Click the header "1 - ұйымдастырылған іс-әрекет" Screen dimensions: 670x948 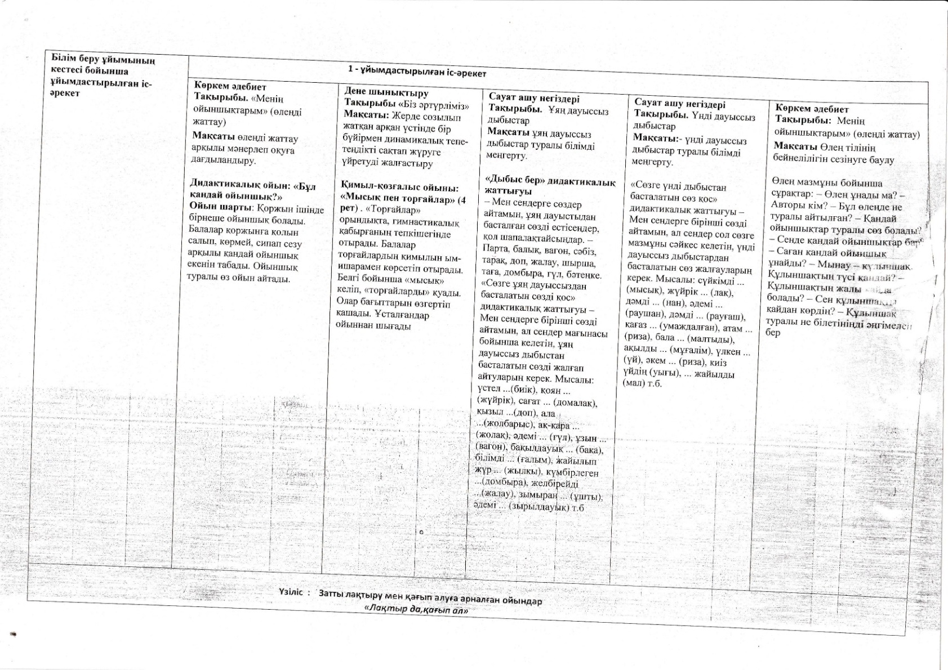pos(417,71)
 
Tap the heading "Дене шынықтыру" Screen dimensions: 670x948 pos(386,92)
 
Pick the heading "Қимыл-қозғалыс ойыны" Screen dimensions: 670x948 pos(399,187)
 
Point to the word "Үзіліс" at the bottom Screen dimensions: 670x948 pos(291,592)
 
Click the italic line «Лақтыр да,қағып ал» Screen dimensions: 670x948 pos(417,610)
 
